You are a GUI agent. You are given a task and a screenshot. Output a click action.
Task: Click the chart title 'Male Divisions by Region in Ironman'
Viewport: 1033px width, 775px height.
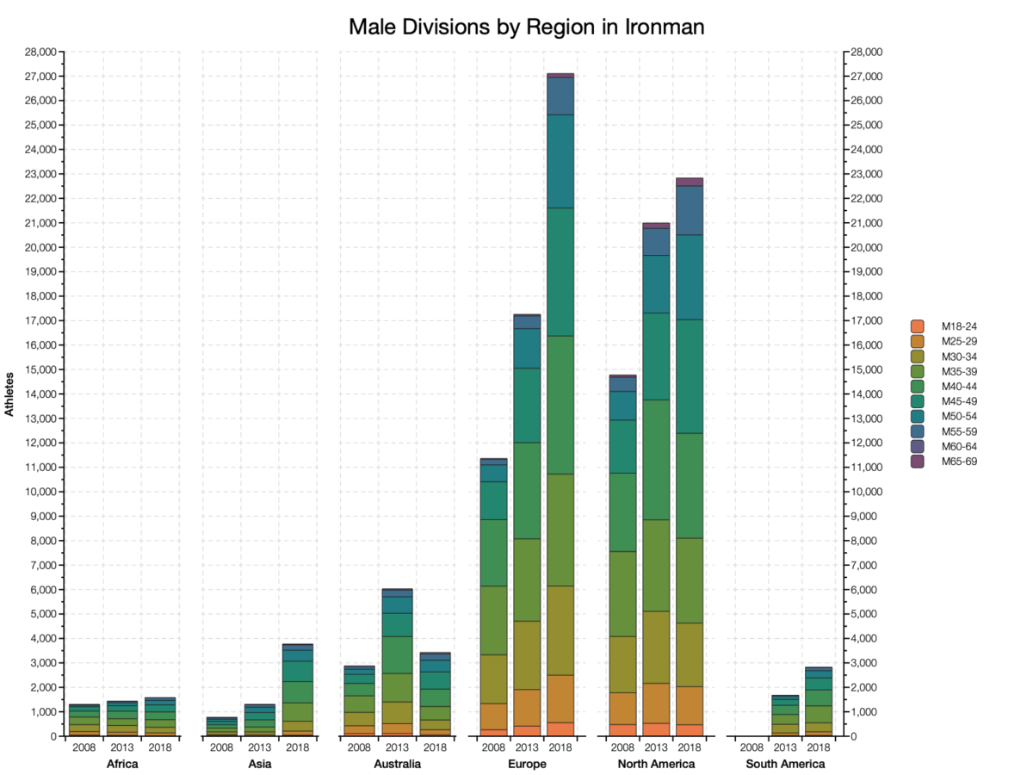click(x=526, y=27)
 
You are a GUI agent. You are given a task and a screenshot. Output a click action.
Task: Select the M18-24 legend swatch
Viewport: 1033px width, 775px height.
click(x=918, y=326)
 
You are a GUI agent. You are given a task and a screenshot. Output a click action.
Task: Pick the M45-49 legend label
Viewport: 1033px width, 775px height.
click(x=959, y=401)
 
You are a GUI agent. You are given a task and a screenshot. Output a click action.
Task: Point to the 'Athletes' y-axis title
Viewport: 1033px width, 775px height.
click(x=10, y=394)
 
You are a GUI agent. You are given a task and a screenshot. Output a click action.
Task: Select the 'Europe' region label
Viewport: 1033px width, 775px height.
click(x=527, y=764)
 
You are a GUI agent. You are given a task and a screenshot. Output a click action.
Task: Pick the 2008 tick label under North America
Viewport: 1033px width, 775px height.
click(x=622, y=747)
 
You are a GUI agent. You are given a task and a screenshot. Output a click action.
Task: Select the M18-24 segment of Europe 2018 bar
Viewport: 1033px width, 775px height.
click(x=560, y=729)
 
